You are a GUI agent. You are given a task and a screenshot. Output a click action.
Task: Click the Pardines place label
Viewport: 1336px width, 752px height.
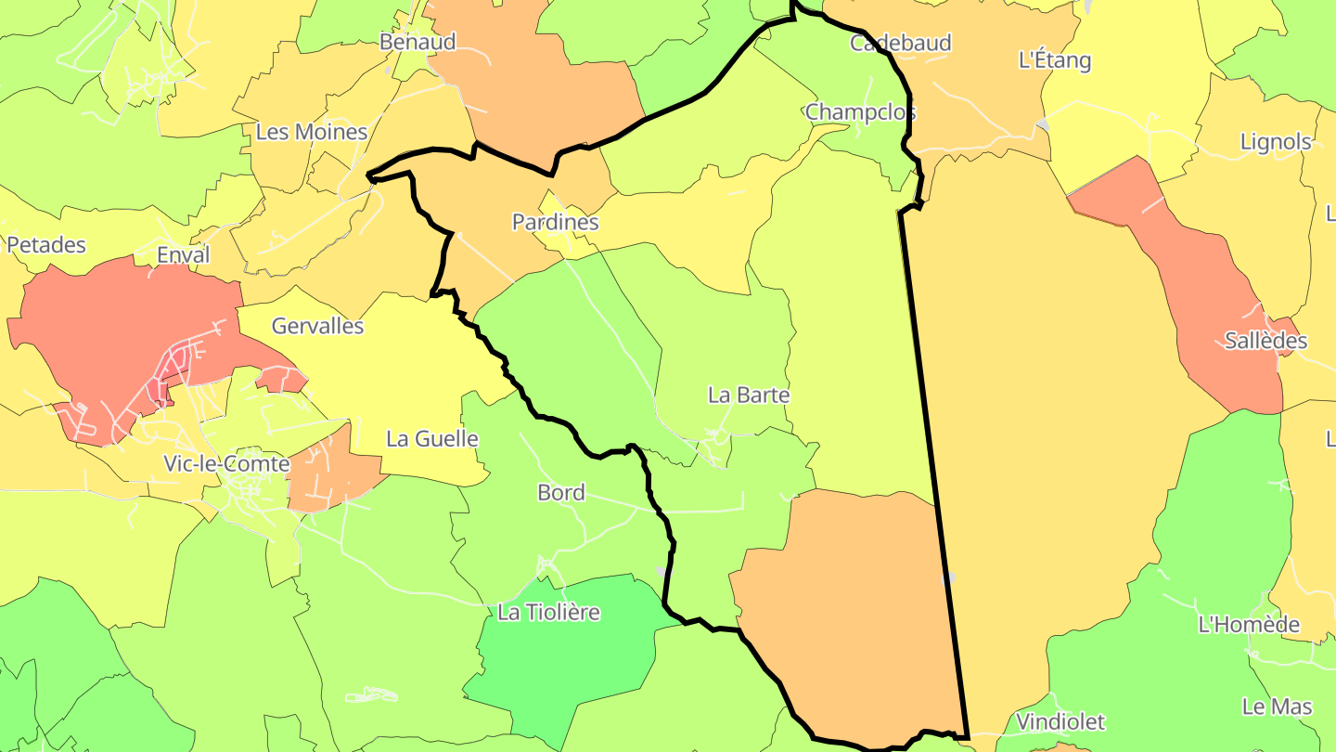point(555,223)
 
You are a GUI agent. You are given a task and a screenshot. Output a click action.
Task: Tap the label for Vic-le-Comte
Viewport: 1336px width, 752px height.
point(226,463)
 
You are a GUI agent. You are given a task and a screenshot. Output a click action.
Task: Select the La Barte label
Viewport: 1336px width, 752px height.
point(749,395)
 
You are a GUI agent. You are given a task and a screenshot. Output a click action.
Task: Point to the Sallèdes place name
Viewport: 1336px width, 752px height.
point(1265,341)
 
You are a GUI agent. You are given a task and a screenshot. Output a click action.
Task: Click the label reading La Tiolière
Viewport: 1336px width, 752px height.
point(548,613)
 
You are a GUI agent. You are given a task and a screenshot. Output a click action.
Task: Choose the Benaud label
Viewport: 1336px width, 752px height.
point(417,42)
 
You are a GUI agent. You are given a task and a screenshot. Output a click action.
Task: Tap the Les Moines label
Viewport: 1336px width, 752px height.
point(312,132)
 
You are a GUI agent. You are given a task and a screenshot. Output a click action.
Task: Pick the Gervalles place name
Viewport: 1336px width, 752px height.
point(317,326)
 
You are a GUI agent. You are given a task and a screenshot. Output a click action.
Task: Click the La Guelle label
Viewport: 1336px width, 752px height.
point(432,439)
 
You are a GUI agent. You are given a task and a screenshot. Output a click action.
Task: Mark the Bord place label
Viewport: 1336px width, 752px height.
point(561,492)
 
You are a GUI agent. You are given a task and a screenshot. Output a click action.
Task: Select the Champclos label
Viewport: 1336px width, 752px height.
point(860,112)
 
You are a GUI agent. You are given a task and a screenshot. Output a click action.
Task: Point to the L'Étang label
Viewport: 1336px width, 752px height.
point(1055,61)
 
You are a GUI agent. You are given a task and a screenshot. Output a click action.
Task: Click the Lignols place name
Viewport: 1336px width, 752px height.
point(1276,142)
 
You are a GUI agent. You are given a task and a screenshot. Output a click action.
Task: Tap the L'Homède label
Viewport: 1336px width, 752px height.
point(1249,625)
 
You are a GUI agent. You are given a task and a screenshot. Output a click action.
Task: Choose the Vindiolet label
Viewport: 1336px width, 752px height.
point(1060,721)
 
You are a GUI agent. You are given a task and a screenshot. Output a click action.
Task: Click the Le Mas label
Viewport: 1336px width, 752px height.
point(1277,707)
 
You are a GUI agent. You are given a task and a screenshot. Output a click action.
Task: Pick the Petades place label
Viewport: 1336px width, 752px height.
point(46,245)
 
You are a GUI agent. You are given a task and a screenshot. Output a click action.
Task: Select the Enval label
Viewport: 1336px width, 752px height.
point(184,255)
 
